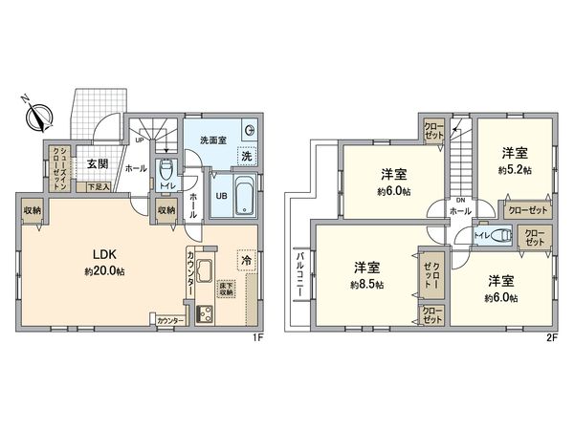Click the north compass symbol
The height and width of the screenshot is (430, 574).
(39, 116)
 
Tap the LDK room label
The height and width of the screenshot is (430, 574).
(104, 254)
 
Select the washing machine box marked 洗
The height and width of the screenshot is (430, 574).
(246, 157)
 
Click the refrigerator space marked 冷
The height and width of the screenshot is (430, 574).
(245, 259)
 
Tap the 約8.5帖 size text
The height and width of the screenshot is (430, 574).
(367, 285)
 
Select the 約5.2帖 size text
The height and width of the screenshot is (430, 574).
(514, 169)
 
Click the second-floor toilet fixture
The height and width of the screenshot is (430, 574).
(502, 235)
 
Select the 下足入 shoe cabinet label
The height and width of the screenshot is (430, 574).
(99, 186)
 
